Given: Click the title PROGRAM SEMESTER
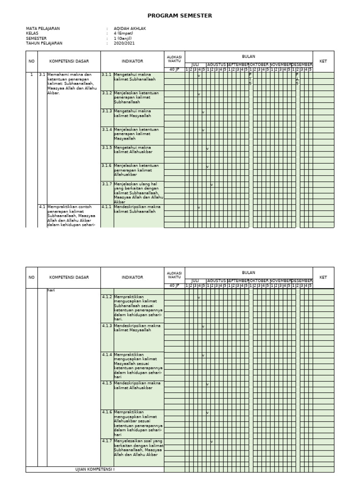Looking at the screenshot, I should (x=180, y=15).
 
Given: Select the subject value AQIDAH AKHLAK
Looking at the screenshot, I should (x=130, y=29).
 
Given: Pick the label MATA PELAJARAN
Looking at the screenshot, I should (x=43, y=29).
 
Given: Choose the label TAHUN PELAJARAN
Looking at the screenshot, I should (x=44, y=43).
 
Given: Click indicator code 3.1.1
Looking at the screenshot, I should (x=107, y=75).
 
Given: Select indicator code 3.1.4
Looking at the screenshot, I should (x=107, y=129).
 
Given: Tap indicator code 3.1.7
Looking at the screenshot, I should (x=107, y=184).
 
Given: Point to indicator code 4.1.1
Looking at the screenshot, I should (x=107, y=207).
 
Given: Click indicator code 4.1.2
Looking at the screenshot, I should (x=107, y=297).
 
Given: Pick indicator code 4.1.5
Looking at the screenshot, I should (x=107, y=383).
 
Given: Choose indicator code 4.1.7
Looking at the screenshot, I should (x=107, y=441).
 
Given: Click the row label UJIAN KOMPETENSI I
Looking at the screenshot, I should (x=95, y=469).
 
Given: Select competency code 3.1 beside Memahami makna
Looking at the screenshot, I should (x=42, y=75).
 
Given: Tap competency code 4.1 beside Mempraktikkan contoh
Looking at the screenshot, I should (x=42, y=207).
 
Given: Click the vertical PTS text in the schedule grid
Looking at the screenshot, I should (x=250, y=79).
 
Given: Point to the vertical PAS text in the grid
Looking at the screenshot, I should (x=297, y=79).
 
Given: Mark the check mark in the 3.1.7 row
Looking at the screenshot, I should (x=212, y=185).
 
